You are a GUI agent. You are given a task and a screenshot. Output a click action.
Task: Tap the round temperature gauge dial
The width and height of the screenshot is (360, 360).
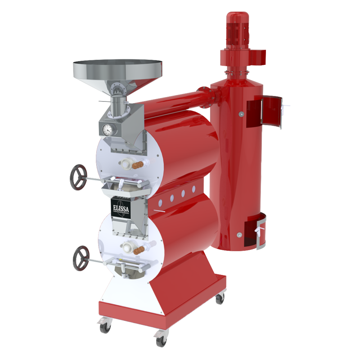[x=108, y=130]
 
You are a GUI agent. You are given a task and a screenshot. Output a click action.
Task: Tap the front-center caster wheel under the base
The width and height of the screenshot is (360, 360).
[x=160, y=340]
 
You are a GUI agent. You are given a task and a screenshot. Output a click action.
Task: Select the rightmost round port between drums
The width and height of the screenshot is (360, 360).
[x=194, y=189]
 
